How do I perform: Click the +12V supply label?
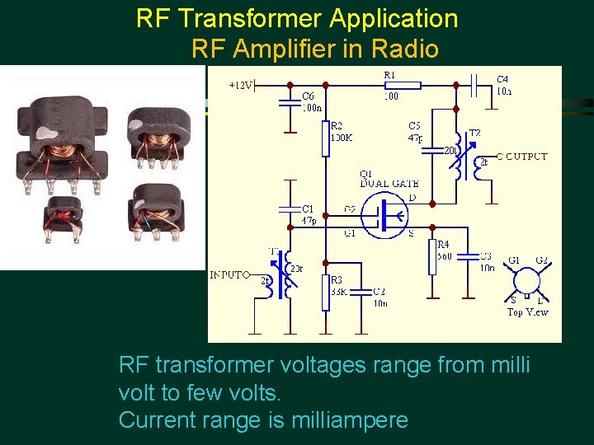[241, 84]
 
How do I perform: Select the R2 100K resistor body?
[325, 139]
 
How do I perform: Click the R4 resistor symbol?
[432, 256]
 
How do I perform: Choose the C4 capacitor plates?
[475, 84]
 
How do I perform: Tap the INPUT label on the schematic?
[228, 274]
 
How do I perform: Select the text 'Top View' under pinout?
[527, 311]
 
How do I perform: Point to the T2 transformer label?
[474, 133]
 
